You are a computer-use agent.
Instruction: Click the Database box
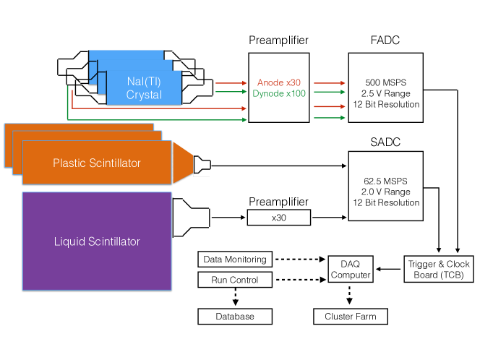pyautogui.click(x=234, y=317)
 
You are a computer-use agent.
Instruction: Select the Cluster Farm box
pyautogui.click(x=349, y=317)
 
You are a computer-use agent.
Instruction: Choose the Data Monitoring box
pyautogui.click(x=234, y=259)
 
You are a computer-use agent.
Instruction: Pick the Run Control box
pyautogui.click(x=234, y=279)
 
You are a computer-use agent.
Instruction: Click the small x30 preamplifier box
pyautogui.click(x=279, y=217)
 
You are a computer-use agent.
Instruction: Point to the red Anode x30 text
pyautogui.click(x=278, y=83)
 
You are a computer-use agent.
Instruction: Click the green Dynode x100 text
pyautogui.click(x=279, y=94)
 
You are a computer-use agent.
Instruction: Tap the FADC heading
pyautogui.click(x=383, y=40)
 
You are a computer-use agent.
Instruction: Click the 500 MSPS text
pyautogui.click(x=383, y=82)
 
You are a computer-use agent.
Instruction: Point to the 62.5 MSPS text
pyautogui.click(x=383, y=181)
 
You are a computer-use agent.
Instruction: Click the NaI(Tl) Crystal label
pyautogui.click(x=144, y=89)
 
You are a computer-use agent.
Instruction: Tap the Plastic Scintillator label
pyautogui.click(x=97, y=163)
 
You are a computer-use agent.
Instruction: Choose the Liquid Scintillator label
pyautogui.click(x=96, y=241)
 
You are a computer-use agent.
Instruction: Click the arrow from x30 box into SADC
pyautogui.click(x=329, y=217)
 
